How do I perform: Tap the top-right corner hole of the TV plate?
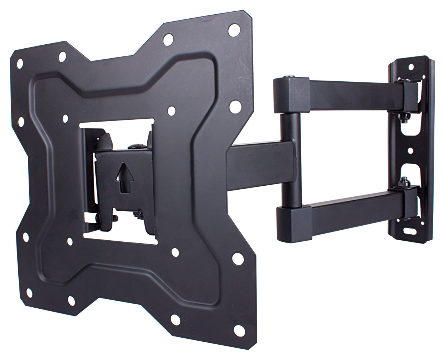pyautogui.click(x=234, y=30)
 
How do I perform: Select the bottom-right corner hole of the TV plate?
pyautogui.click(x=239, y=330)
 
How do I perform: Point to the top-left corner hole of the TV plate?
pyautogui.click(x=20, y=63)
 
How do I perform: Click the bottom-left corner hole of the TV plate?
pyautogui.click(x=29, y=293)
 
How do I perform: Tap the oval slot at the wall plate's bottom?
pyautogui.click(x=410, y=231)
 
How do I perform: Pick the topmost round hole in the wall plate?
pyautogui.click(x=411, y=67)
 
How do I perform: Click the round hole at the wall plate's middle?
pyautogui.click(x=410, y=151)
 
